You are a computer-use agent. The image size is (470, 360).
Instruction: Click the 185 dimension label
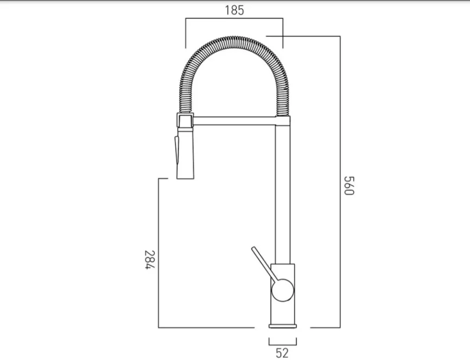pos(233,10)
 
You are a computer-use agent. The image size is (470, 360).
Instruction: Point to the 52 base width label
pos(282,353)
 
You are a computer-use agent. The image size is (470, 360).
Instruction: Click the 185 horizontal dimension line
pos(233,19)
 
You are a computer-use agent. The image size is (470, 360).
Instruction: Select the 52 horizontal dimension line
pos(282,344)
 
